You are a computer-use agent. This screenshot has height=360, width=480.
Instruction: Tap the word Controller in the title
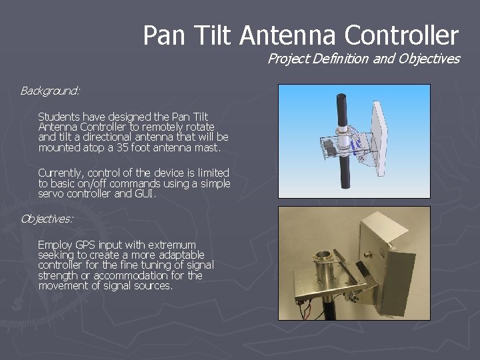coord(400,35)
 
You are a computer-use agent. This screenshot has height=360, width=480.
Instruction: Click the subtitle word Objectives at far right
coord(429,59)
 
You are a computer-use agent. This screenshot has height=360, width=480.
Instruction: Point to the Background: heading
coord(50,90)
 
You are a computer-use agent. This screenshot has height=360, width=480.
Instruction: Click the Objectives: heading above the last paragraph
coord(47,218)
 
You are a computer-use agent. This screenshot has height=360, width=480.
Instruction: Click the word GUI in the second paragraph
coord(143,193)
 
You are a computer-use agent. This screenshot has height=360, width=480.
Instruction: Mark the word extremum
coord(173,245)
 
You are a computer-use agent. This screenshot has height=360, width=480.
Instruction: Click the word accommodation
coord(130,275)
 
